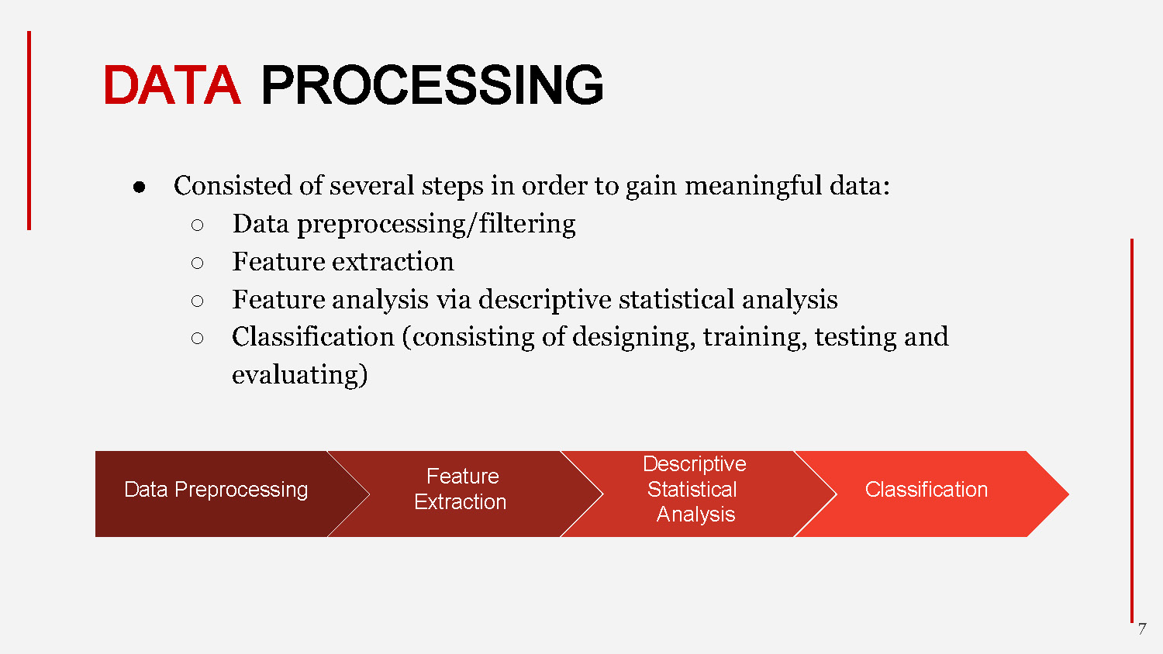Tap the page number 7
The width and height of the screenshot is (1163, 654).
tap(1141, 629)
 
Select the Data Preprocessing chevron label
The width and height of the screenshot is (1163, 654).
tap(216, 490)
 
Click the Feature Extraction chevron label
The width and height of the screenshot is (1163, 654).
tap(461, 489)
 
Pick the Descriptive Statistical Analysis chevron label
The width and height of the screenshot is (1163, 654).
tap(695, 489)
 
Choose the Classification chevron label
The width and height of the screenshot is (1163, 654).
tap(926, 490)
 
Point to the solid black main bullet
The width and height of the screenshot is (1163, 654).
tap(140, 187)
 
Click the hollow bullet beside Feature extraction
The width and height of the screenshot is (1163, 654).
tap(197, 263)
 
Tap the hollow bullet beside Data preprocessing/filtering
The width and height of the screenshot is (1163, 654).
tap(197, 225)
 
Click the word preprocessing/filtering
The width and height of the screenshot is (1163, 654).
tap(436, 224)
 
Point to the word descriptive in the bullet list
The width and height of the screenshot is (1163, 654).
tap(545, 300)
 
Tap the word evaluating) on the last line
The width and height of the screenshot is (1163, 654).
tap(299, 375)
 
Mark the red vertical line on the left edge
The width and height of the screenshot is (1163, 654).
tap(29, 130)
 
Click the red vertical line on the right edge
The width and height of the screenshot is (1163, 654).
tap(1132, 430)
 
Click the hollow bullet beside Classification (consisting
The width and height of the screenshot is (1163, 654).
tap(197, 339)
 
